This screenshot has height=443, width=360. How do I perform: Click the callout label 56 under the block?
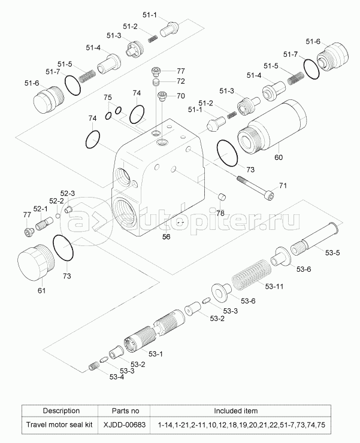click(167, 236)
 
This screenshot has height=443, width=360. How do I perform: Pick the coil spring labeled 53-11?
click(251, 277)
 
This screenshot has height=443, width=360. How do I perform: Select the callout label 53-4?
click(117, 377)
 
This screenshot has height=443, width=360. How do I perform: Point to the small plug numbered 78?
click(221, 198)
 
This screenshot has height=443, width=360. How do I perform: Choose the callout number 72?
click(180, 81)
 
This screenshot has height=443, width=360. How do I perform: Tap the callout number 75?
click(108, 98)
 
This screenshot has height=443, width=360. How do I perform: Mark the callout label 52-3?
click(66, 193)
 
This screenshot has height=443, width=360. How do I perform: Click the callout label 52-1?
click(40, 209)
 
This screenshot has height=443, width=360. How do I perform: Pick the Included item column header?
click(236, 411)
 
